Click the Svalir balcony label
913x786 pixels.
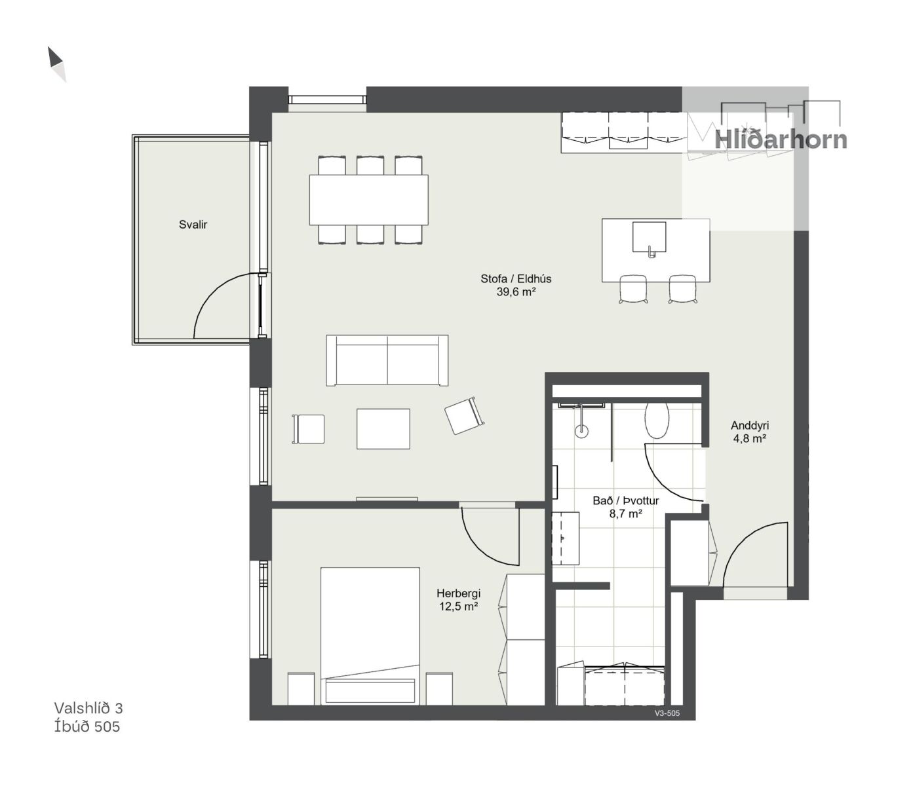[193, 225]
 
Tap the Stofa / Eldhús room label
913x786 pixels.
[516, 279]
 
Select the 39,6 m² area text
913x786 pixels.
[516, 291]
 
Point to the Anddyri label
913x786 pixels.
[750, 426]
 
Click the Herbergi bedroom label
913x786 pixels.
[459, 593]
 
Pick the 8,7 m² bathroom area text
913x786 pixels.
[625, 514]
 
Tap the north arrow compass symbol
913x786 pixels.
[57, 64]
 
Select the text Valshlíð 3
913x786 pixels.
[88, 708]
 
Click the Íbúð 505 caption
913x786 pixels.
[87, 727]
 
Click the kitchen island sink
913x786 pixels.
[649, 237]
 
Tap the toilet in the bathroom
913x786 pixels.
[657, 420]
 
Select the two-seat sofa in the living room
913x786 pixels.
[387, 360]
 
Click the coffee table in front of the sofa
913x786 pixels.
[383, 429]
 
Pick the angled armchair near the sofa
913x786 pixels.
[464, 416]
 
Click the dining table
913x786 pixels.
[369, 200]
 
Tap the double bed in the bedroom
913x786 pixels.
[370, 637]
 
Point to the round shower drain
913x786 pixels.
[582, 431]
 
